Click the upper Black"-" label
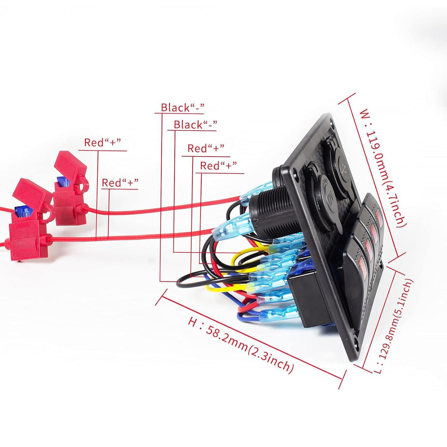183,108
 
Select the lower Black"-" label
196,124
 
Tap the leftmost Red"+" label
103,142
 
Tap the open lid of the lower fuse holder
32,193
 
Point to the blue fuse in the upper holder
63,181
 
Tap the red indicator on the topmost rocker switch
379,218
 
